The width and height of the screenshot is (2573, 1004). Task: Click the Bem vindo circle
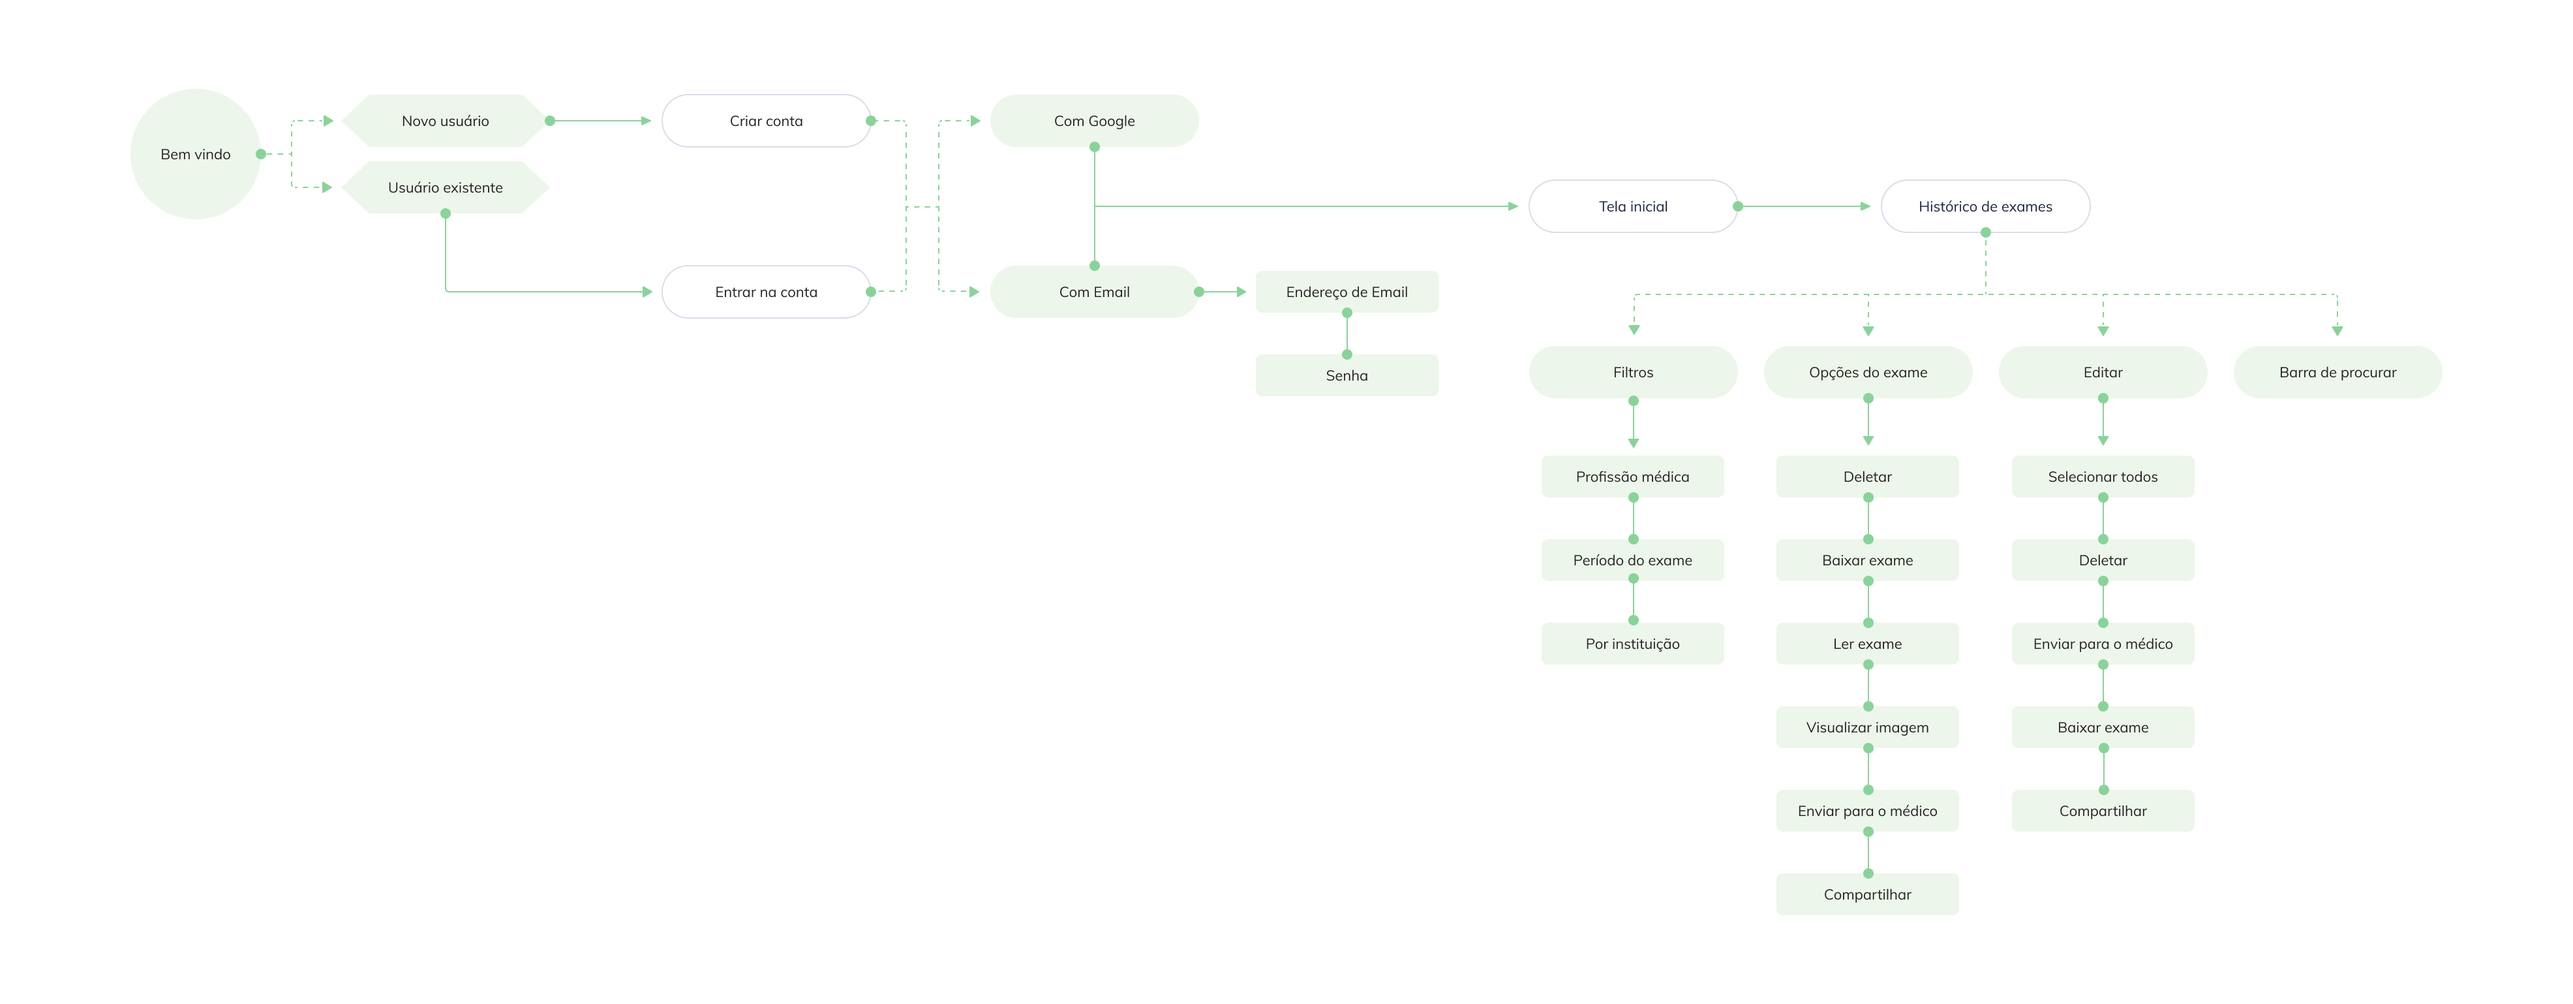click(195, 154)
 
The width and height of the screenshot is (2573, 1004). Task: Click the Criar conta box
click(765, 121)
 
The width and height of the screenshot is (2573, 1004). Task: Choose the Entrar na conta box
click(765, 292)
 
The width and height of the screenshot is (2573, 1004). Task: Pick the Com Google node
click(1094, 121)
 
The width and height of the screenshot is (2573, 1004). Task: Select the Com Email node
click(1094, 292)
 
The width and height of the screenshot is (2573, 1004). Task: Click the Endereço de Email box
click(1347, 292)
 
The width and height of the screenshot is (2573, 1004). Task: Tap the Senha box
click(1347, 375)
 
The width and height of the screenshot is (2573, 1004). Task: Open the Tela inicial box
click(1632, 207)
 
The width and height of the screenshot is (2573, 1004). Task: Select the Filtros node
click(1632, 373)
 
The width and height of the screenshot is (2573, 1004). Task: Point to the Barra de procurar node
click(2337, 373)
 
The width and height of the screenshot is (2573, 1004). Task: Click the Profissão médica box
click(1632, 477)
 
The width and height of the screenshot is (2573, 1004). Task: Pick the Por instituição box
click(1632, 644)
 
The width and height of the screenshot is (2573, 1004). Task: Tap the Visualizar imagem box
click(1867, 727)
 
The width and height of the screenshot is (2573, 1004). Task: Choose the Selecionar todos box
click(2103, 477)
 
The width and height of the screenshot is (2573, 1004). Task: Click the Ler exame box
click(1867, 644)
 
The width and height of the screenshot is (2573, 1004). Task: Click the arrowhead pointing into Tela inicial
click(1514, 207)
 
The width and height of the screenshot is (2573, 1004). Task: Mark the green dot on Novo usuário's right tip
click(549, 121)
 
